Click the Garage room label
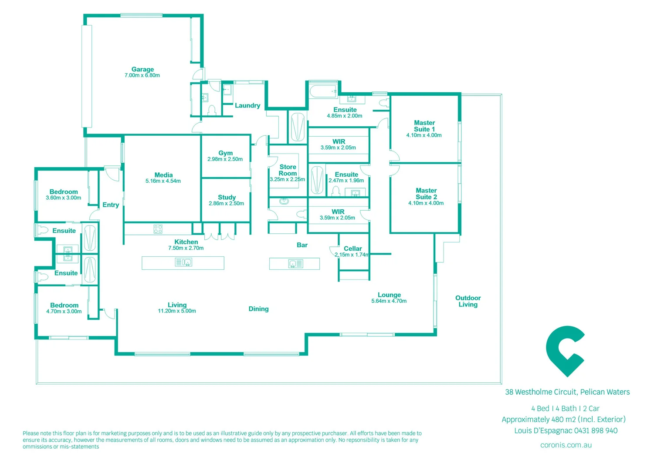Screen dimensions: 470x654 click(142, 69)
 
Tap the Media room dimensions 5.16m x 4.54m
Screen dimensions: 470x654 click(163, 181)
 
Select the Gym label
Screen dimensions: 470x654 click(225, 153)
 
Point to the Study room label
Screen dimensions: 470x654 click(227, 197)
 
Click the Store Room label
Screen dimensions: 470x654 click(288, 170)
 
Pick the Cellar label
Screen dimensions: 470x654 click(352, 248)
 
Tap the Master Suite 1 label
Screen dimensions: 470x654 click(424, 126)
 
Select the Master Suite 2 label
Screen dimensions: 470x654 click(426, 194)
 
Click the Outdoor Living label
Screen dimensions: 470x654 click(468, 301)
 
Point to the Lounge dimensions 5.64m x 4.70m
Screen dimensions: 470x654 click(389, 301)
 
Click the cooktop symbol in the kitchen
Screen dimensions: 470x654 click(158, 229)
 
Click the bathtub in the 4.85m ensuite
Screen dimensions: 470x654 click(323, 91)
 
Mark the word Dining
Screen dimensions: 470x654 click(258, 309)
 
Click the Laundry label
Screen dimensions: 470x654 click(247, 105)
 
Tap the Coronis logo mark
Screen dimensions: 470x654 click(565, 351)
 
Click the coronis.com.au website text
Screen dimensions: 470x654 click(566, 445)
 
